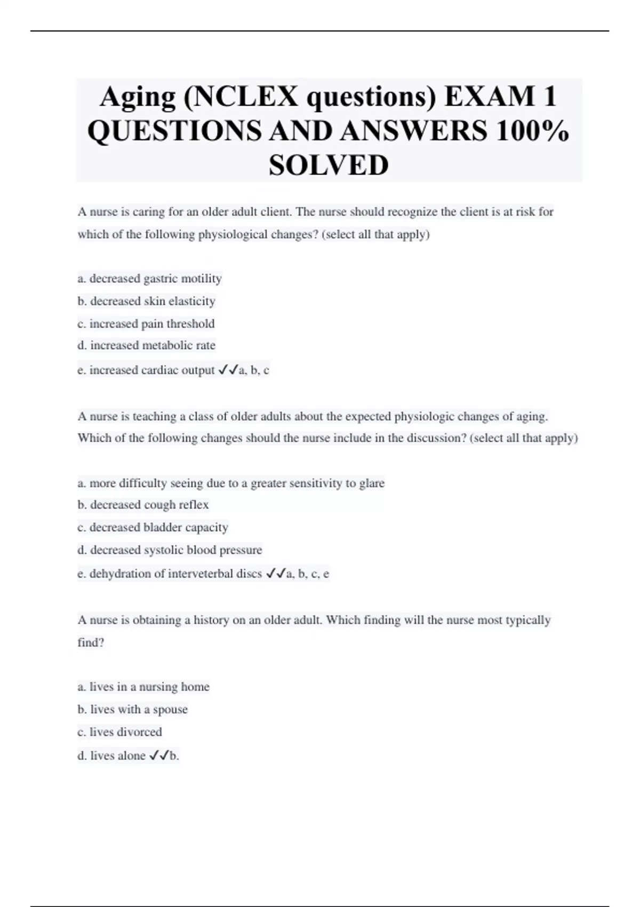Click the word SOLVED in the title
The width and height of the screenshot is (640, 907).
point(329,165)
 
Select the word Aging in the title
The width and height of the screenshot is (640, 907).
point(138,97)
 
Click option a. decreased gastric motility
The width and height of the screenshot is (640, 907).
point(149,279)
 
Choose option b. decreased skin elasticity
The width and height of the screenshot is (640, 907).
point(146,301)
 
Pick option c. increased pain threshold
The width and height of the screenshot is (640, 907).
point(146,324)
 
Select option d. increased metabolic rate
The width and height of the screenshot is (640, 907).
point(146,346)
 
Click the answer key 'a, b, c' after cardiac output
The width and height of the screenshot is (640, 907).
point(254,370)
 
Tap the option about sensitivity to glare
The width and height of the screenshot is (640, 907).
point(231,483)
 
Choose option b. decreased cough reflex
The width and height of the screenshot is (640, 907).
point(143,505)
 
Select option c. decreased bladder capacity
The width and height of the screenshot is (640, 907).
point(153,528)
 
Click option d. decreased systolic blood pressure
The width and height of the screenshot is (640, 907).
point(170,550)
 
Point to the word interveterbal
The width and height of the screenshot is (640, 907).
point(201,574)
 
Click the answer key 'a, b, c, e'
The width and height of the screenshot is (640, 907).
point(308,574)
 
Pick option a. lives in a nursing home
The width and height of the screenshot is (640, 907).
point(143,687)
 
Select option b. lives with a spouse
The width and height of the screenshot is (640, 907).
point(132,710)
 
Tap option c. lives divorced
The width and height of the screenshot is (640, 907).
point(119,732)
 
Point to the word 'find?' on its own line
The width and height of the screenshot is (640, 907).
point(91,643)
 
